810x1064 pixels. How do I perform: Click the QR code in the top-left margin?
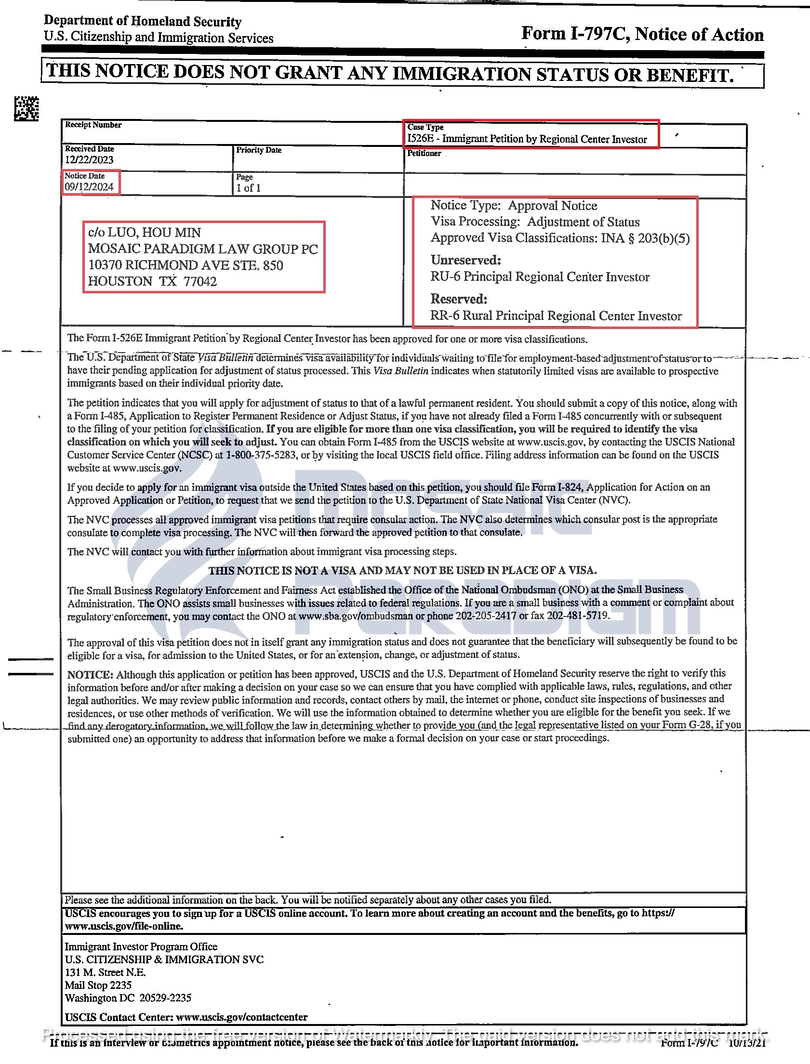coord(26,108)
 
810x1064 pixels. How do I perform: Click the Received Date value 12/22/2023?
coord(89,160)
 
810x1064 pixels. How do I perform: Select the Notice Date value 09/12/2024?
coord(89,187)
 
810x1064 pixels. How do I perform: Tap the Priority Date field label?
coord(258,150)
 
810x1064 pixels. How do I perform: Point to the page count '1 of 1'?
coord(248,188)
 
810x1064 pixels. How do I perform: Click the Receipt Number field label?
coord(93,125)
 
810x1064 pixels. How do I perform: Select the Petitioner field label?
coord(424,153)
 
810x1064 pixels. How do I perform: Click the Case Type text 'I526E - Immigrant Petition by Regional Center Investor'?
coord(527,139)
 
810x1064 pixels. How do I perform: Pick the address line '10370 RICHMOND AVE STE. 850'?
coord(186,265)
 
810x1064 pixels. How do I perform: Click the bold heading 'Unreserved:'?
coord(466,260)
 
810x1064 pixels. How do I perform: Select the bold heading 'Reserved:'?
coord(459,299)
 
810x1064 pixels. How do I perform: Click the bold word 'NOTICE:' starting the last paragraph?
coord(90,675)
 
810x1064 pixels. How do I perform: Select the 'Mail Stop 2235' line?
coord(98,985)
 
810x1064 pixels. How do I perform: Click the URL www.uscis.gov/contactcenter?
coord(241,1017)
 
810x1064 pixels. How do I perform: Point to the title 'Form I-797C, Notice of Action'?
coord(642,34)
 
